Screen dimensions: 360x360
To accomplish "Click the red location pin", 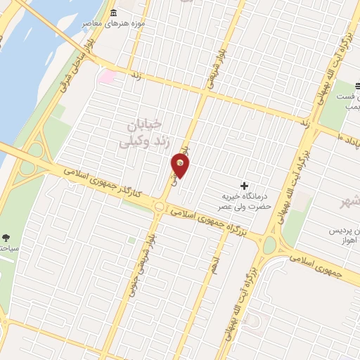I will (181, 166).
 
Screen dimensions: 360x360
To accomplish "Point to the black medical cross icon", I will (244, 186).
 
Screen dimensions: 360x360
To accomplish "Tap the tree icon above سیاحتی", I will (6, 237).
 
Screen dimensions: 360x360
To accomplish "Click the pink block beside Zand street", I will (106, 75).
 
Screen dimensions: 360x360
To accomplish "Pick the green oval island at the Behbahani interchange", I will (269, 245).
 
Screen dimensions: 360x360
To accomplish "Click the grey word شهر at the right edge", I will (349, 202).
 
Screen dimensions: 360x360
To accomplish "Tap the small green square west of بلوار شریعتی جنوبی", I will (131, 241).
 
